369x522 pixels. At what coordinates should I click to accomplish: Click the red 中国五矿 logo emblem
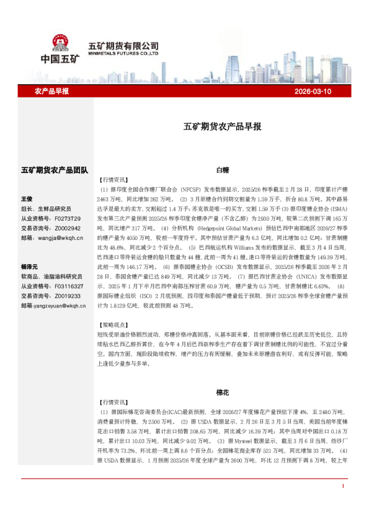tap(60, 43)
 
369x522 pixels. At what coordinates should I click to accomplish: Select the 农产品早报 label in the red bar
tap(51, 91)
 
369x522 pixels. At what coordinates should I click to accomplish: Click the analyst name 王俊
tap(27, 200)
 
